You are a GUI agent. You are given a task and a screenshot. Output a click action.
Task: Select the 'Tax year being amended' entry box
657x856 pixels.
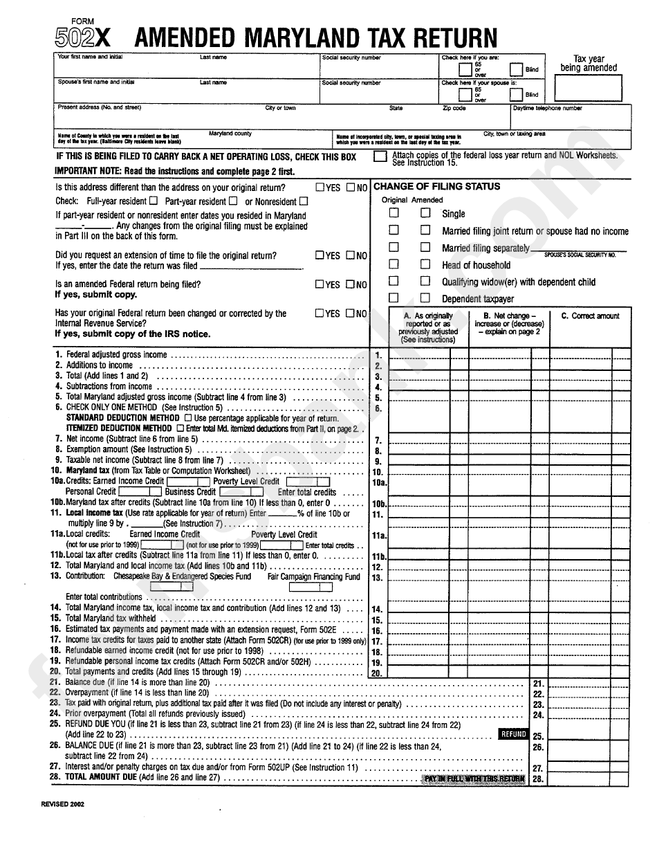(588, 88)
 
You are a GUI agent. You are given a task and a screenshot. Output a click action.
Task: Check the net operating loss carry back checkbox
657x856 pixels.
(380, 157)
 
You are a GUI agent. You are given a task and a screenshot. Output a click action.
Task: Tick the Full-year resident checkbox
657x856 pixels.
(153, 201)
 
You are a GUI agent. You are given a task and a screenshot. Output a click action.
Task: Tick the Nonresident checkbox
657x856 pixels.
(303, 201)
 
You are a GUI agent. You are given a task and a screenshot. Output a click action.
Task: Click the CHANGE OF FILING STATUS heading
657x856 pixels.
(436, 187)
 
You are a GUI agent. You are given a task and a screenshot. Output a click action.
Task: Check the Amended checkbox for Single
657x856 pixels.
(426, 214)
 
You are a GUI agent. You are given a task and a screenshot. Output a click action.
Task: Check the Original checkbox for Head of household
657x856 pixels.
(394, 264)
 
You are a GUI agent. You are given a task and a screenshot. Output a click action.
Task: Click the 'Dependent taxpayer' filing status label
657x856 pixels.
(478, 299)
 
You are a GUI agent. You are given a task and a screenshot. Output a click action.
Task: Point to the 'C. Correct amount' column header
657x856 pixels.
(590, 316)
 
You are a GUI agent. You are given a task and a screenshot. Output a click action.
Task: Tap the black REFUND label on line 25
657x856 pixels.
(513, 734)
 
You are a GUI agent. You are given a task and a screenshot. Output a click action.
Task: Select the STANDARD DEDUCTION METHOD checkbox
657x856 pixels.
(188, 419)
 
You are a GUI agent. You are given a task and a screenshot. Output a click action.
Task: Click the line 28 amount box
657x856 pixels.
(588, 778)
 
